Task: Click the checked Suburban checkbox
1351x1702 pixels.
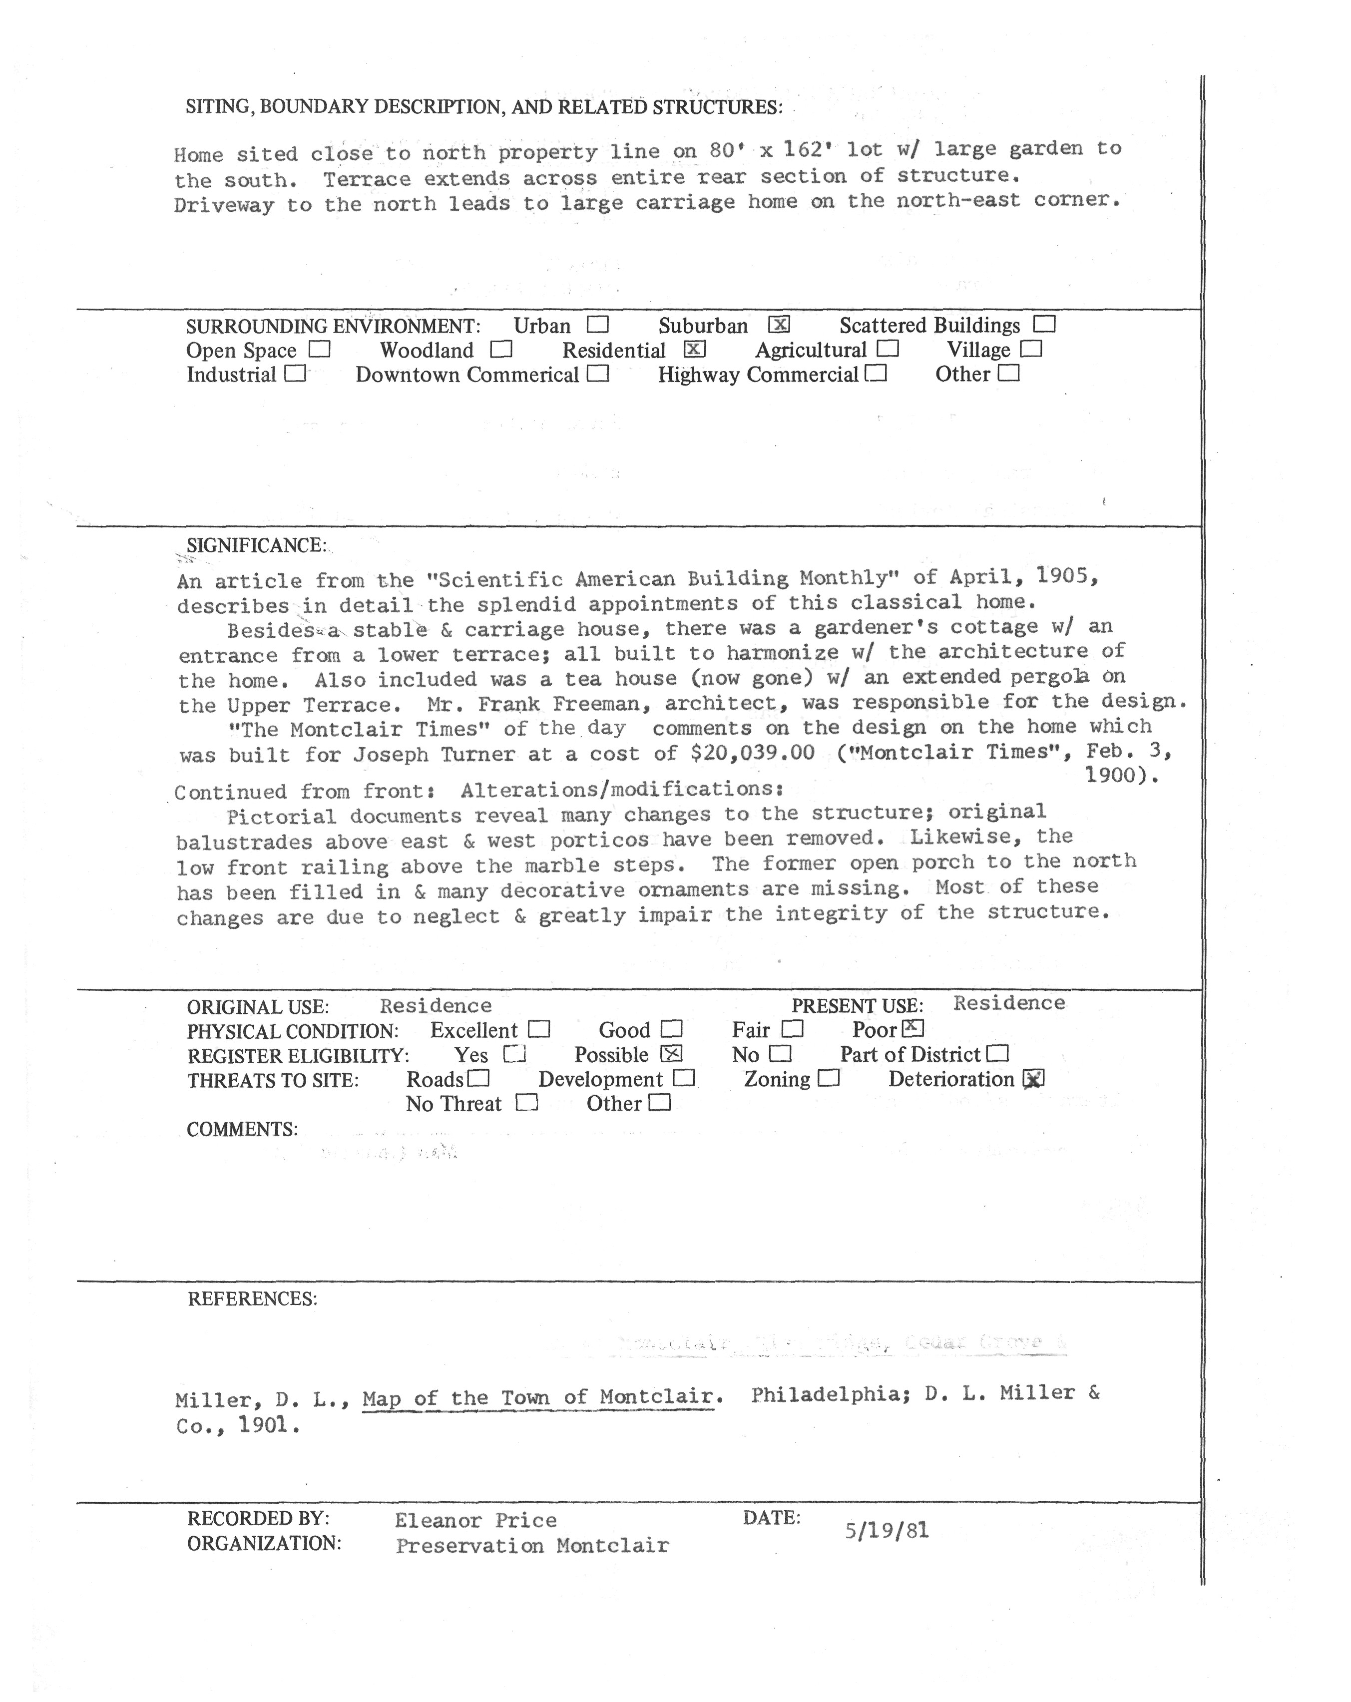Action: pyautogui.click(x=779, y=325)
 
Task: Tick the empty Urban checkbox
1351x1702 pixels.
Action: pyautogui.click(x=598, y=325)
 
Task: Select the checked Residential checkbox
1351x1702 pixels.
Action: pyautogui.click(x=694, y=349)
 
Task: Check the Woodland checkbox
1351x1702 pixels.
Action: pyautogui.click(x=500, y=349)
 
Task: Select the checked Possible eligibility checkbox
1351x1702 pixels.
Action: pyautogui.click(x=671, y=1053)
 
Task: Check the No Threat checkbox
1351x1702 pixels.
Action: pyautogui.click(x=526, y=1102)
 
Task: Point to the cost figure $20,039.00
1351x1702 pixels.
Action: pyautogui.click(x=752, y=752)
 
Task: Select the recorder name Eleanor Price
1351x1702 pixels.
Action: pyautogui.click(x=475, y=1520)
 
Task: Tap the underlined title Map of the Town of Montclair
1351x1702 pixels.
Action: pyautogui.click(x=538, y=1397)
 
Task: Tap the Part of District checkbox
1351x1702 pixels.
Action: pyautogui.click(x=998, y=1053)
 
